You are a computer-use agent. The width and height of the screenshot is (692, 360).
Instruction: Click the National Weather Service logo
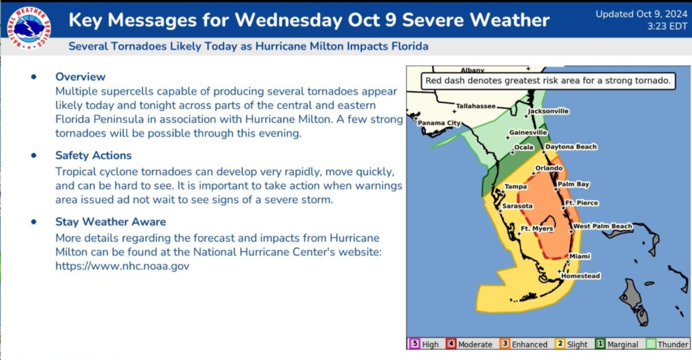pyautogui.click(x=29, y=28)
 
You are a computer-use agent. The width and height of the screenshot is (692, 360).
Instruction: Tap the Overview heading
pyautogui.click(x=81, y=77)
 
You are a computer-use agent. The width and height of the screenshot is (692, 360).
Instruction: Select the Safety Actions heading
pyautogui.click(x=93, y=155)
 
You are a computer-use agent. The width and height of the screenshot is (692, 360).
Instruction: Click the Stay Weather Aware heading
pyautogui.click(x=111, y=222)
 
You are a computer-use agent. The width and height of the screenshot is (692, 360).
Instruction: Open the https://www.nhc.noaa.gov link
pyautogui.click(x=122, y=266)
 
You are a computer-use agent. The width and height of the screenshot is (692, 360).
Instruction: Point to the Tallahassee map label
pyautogui.click(x=476, y=106)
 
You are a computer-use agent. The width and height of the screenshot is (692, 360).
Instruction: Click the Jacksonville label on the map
pyautogui.click(x=549, y=111)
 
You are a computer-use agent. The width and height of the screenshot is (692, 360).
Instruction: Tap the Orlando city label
pyautogui.click(x=549, y=168)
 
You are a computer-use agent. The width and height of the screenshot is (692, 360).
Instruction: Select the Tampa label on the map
pyautogui.click(x=516, y=187)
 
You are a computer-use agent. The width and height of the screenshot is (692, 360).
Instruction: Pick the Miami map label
pyautogui.click(x=580, y=257)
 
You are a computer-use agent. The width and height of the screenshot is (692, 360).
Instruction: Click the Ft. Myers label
pyautogui.click(x=537, y=228)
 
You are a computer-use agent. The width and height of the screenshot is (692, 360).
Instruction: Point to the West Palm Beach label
pyautogui.click(x=603, y=226)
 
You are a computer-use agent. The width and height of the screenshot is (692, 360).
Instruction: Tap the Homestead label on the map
pyautogui.click(x=580, y=276)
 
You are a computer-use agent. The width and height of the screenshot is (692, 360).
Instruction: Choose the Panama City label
pyautogui.click(x=439, y=123)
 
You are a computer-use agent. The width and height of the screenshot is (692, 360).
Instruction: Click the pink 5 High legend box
pyautogui.click(x=415, y=344)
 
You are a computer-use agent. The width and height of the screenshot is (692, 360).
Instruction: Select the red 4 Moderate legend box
pyautogui.click(x=451, y=344)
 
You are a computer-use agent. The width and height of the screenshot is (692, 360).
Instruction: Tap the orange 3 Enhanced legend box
pyautogui.click(x=505, y=344)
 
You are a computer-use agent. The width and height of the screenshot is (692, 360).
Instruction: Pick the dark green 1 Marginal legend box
pyautogui.click(x=600, y=344)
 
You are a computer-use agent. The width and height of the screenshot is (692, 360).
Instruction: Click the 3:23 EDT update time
pyautogui.click(x=667, y=26)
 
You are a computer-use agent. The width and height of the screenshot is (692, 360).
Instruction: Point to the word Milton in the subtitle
pyautogui.click(x=326, y=46)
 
